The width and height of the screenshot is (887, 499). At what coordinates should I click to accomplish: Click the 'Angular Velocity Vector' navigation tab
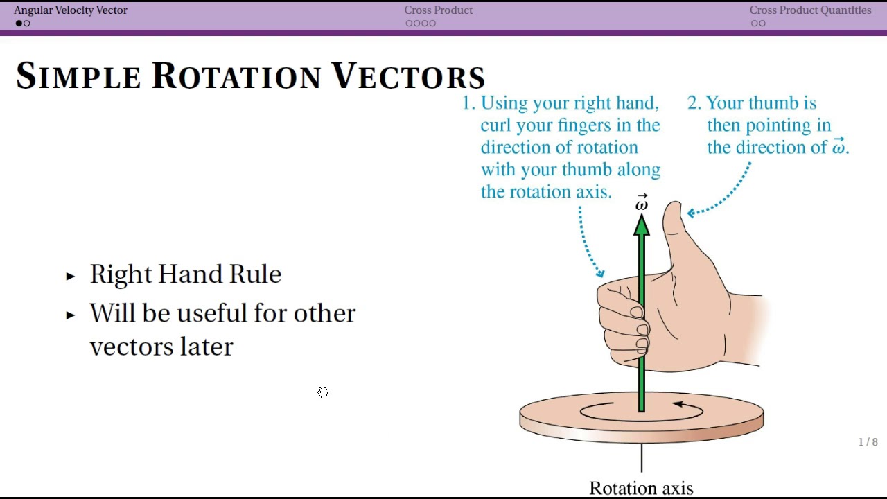tap(71, 10)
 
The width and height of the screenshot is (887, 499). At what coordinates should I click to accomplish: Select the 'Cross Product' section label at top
tap(438, 10)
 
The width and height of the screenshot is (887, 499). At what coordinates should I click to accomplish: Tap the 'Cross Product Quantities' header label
tap(810, 10)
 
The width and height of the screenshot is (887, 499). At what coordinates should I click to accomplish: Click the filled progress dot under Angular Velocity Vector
tap(19, 24)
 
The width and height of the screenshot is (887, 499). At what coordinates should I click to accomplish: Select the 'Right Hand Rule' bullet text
tap(185, 274)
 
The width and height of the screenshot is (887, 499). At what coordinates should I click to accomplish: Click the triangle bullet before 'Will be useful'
tap(70, 315)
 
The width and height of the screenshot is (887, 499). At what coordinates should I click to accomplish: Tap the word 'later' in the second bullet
tap(207, 347)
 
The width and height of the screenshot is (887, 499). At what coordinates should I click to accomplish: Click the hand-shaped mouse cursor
tap(323, 392)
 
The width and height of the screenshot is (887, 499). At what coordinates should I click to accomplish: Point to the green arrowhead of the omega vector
tap(642, 225)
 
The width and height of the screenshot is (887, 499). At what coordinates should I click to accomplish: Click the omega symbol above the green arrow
tap(642, 203)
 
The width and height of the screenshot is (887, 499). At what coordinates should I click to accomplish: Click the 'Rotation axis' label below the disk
tap(641, 488)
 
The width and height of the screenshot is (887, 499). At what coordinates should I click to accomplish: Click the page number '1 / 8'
tap(868, 442)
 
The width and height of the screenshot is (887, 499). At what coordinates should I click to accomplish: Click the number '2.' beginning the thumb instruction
tap(694, 103)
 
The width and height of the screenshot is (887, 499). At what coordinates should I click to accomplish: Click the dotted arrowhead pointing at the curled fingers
tap(599, 274)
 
